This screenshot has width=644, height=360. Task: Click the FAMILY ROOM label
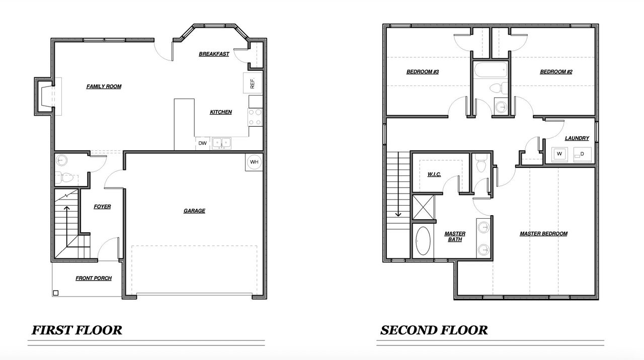point(104,86)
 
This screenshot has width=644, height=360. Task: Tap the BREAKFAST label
point(214,54)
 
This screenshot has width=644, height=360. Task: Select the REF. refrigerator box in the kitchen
point(252,82)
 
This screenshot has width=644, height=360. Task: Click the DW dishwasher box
point(202,143)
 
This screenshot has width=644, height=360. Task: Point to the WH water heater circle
point(254,162)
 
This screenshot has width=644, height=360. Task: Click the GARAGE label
point(194,211)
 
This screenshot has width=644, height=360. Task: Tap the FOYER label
point(102,207)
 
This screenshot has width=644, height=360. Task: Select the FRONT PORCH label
point(94,278)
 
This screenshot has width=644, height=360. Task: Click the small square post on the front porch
point(56,293)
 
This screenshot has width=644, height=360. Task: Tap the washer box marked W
point(559,154)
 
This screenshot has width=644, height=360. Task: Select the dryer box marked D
point(582,154)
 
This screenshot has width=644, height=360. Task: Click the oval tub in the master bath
point(423,242)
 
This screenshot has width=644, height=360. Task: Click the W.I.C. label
point(434,174)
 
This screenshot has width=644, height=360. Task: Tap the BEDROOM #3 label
point(423,72)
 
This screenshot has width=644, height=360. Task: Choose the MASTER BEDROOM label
point(543,234)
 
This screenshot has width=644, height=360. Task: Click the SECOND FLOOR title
point(434,330)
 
